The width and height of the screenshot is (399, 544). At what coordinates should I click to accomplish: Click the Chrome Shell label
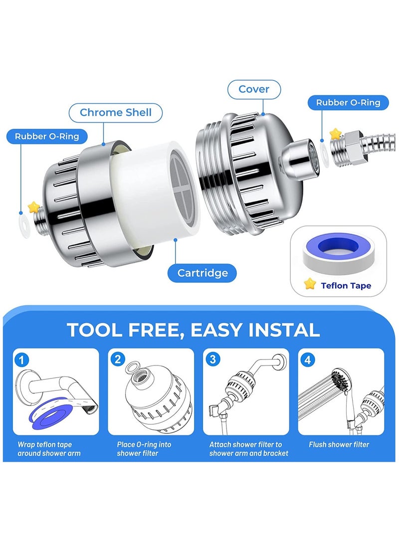pos(115,113)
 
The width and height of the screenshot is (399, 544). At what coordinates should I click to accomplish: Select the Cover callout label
pos(254,90)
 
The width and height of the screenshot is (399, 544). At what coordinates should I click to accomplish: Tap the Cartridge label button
pos(202,273)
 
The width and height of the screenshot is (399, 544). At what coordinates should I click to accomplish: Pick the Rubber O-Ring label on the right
pos(348,103)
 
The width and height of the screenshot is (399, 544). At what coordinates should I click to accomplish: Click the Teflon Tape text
pos(346,286)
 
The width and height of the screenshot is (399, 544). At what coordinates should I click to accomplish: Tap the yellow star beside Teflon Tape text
pos(310,284)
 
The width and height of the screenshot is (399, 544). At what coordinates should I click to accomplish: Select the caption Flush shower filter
pos(339,444)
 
